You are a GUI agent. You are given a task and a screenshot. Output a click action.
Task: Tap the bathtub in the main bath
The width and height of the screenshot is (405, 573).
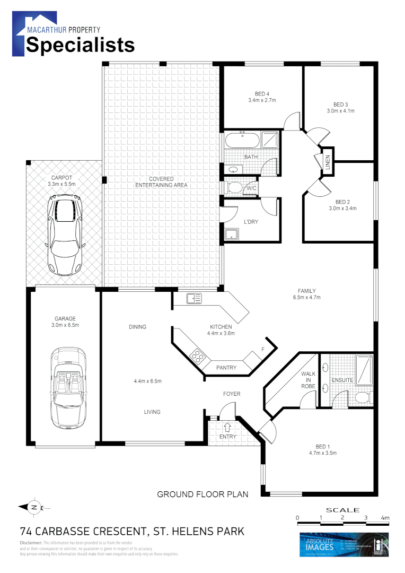point(242,141)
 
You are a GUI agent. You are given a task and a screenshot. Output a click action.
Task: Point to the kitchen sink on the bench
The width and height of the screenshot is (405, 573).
point(194,299)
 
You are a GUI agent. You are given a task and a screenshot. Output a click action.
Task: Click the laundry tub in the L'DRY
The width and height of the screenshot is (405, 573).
point(232,234)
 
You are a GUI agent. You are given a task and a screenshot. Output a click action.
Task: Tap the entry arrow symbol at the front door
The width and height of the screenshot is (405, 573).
point(227,426)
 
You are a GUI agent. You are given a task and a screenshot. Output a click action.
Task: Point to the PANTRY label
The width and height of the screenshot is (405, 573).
point(226,368)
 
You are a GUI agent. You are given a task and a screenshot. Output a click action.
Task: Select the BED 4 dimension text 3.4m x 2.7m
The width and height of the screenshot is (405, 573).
point(262,100)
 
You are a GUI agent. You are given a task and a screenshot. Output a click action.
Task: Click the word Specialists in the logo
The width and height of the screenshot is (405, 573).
point(81,45)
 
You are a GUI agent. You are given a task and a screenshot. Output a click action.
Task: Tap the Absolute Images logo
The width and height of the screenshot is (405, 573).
point(345,545)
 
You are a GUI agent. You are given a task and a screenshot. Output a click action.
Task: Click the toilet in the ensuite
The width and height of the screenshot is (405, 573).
point(363,397)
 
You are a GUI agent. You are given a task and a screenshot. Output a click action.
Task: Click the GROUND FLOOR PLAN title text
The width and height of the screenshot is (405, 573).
point(202,494)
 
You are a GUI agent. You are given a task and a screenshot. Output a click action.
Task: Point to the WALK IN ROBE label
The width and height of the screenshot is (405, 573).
point(308,380)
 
